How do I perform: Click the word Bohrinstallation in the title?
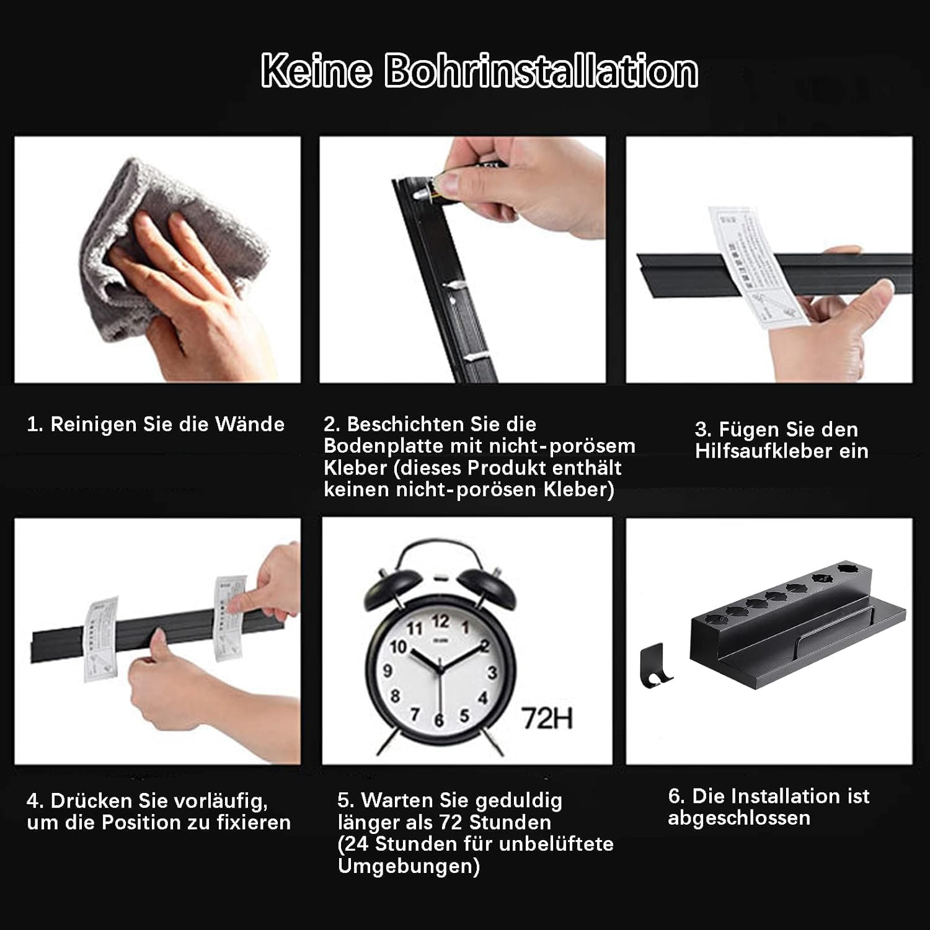point(541,71)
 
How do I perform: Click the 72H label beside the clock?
point(547,719)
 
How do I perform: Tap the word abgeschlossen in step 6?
point(739,818)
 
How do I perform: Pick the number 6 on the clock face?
point(439,720)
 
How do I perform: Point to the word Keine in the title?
point(316,71)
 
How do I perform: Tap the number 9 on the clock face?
point(388,670)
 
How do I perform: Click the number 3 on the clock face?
point(492,673)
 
